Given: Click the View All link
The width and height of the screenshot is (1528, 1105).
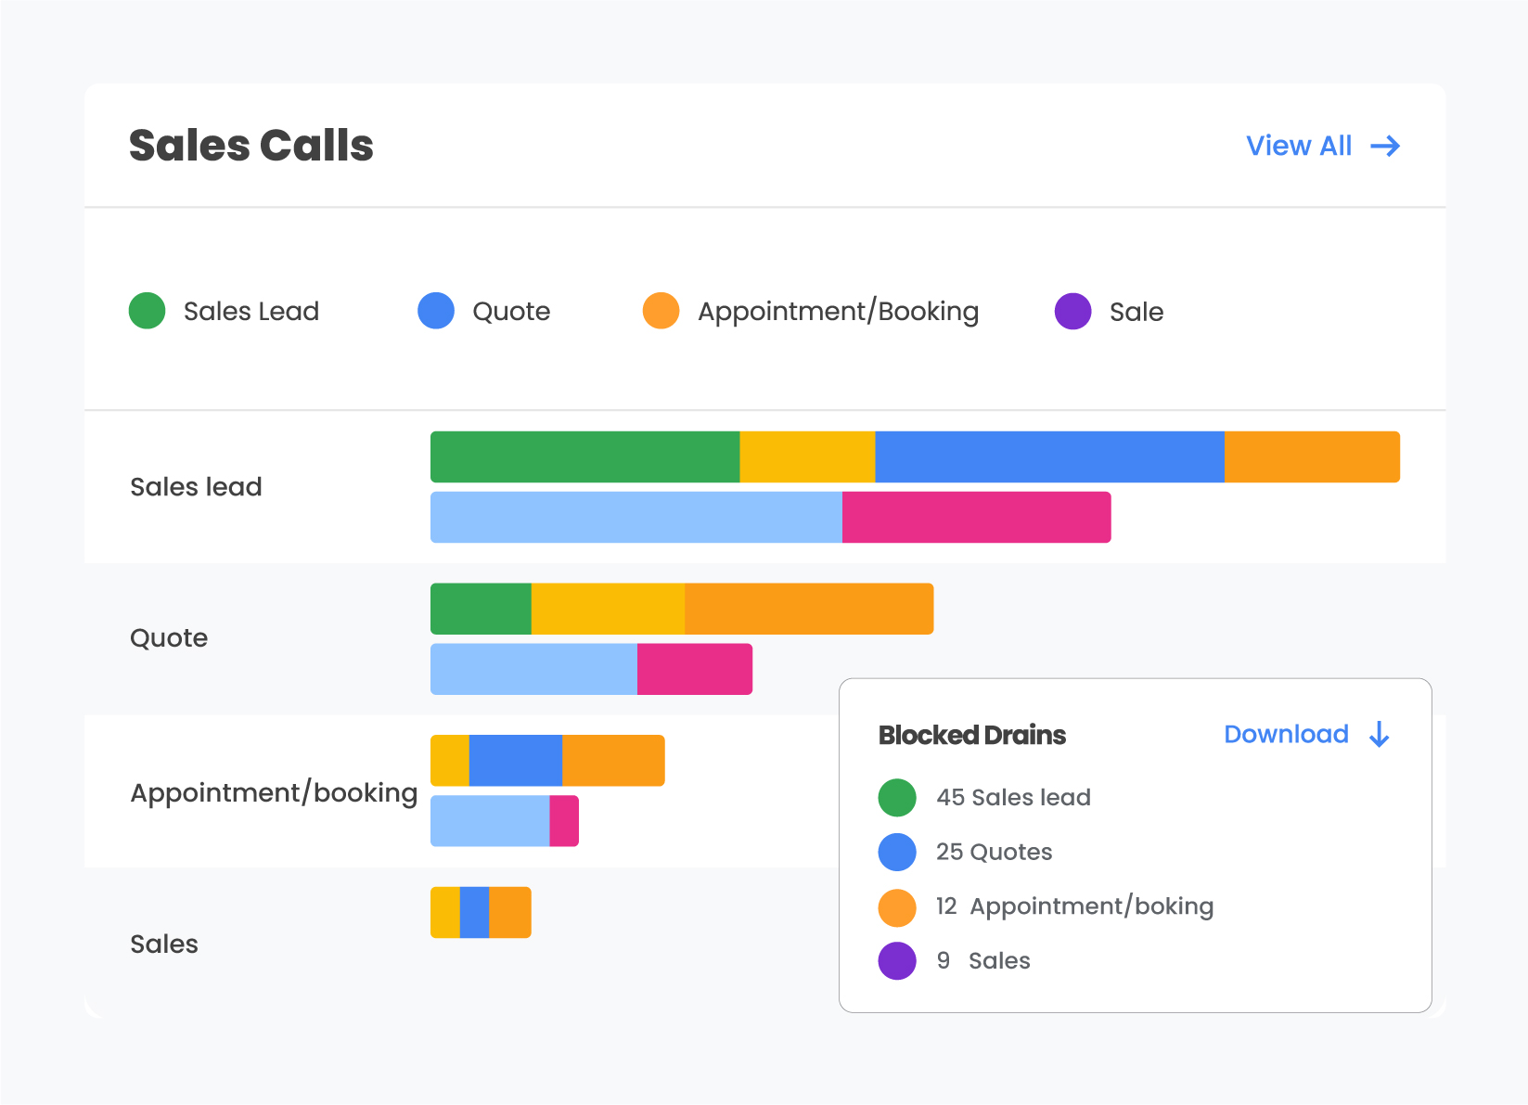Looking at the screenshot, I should coord(1321,146).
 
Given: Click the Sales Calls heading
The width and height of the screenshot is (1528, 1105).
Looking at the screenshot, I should coord(250,146).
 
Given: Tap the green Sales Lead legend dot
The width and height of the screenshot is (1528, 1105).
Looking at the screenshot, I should coord(147,311).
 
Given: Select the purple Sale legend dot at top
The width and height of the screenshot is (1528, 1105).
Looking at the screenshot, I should coord(1072,311).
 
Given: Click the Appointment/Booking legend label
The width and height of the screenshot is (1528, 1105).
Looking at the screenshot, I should coord(837,312).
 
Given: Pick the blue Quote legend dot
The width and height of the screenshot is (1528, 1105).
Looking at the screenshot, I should coord(435,311).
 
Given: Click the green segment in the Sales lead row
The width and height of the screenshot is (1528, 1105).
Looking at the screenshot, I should coord(584,456).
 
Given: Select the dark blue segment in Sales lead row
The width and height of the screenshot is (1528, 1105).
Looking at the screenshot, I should coord(1048,456).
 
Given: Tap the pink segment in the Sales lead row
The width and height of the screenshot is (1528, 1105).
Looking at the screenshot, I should coord(976,517).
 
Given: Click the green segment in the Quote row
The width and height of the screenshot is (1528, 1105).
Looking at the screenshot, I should coord(481,609).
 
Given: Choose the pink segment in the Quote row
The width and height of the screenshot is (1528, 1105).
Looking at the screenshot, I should coord(694,669).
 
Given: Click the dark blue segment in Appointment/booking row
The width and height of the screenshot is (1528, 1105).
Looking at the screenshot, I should coord(515,760).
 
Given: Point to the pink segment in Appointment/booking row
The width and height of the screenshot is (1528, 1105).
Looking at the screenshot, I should coord(564,820).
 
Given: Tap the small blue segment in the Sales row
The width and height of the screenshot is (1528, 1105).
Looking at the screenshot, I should coord(474,912).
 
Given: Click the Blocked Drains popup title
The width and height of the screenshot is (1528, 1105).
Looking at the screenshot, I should coord(971,735).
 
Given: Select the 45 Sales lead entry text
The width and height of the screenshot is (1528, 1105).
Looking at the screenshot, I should coord(1012,797).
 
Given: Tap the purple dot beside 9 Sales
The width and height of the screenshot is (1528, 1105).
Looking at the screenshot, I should coord(897,960).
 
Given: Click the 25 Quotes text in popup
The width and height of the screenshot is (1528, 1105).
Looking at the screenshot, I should coord(994,852).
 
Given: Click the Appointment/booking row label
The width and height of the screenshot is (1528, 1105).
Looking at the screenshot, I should coord(274,792).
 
